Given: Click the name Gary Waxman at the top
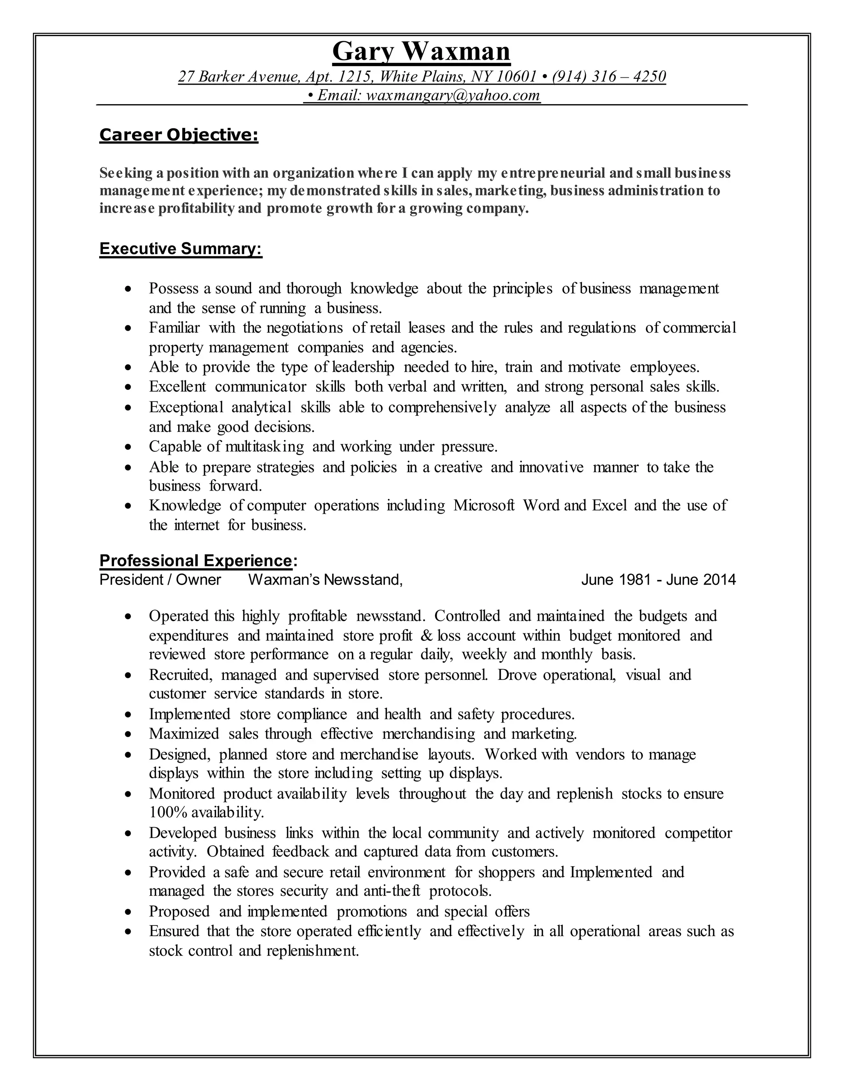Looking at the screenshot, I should coord(421,51).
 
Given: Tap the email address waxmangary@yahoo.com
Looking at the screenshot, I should coord(453,95).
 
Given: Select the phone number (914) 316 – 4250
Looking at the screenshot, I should coord(609,77).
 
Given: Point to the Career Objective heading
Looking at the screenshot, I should coord(179,135).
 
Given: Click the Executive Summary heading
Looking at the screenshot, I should coord(180,248).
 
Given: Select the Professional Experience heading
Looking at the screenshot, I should coord(195,561).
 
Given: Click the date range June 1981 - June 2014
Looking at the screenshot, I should coord(658,580).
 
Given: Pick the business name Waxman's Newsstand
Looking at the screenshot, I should coord(325,580).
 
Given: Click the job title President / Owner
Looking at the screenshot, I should coord(160,580).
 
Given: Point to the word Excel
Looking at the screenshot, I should coord(609,506).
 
